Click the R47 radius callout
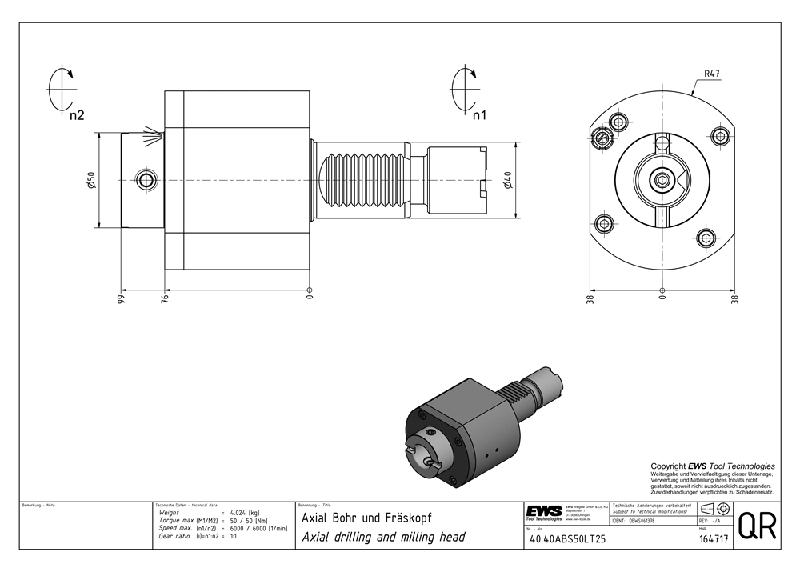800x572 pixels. point(711,74)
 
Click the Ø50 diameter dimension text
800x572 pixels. point(91,180)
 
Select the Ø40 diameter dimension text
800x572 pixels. point(509,180)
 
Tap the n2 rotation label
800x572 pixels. point(77,115)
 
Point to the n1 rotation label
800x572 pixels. point(479,115)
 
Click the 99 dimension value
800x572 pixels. point(121,299)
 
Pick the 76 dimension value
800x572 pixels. point(166,299)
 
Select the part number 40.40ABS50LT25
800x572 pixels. point(568,539)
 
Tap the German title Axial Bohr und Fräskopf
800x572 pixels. point(366,518)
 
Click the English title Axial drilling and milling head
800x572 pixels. point(382,538)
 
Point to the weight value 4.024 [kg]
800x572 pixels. point(245,512)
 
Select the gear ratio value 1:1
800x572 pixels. point(233,537)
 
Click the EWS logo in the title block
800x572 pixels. point(544,511)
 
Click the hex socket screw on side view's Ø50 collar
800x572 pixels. point(145,179)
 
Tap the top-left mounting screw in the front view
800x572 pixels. point(618,122)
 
